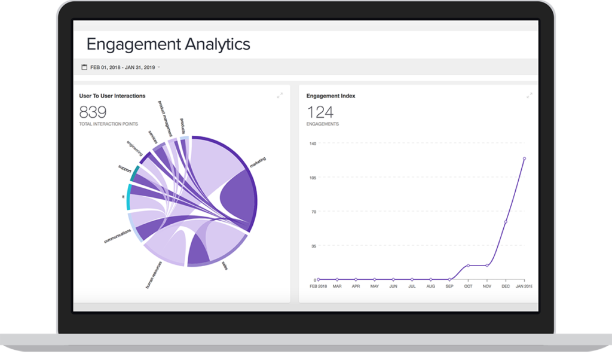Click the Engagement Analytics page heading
click(168, 44)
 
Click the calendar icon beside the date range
click(84, 67)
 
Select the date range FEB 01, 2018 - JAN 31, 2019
click(123, 68)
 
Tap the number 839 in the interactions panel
click(93, 112)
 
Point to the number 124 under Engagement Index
click(320, 112)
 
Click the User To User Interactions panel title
click(112, 96)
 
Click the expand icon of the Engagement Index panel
click(529, 96)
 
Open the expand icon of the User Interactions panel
click(280, 96)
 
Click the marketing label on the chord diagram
click(258, 163)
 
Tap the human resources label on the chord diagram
click(155, 274)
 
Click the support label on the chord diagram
click(124, 169)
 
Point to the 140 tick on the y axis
click(311, 144)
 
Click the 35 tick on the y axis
click(313, 246)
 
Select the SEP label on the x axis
click(449, 286)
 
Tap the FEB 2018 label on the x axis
click(318, 286)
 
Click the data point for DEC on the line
click(506, 222)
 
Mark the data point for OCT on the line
click(468, 266)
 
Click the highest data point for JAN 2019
click(524, 158)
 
